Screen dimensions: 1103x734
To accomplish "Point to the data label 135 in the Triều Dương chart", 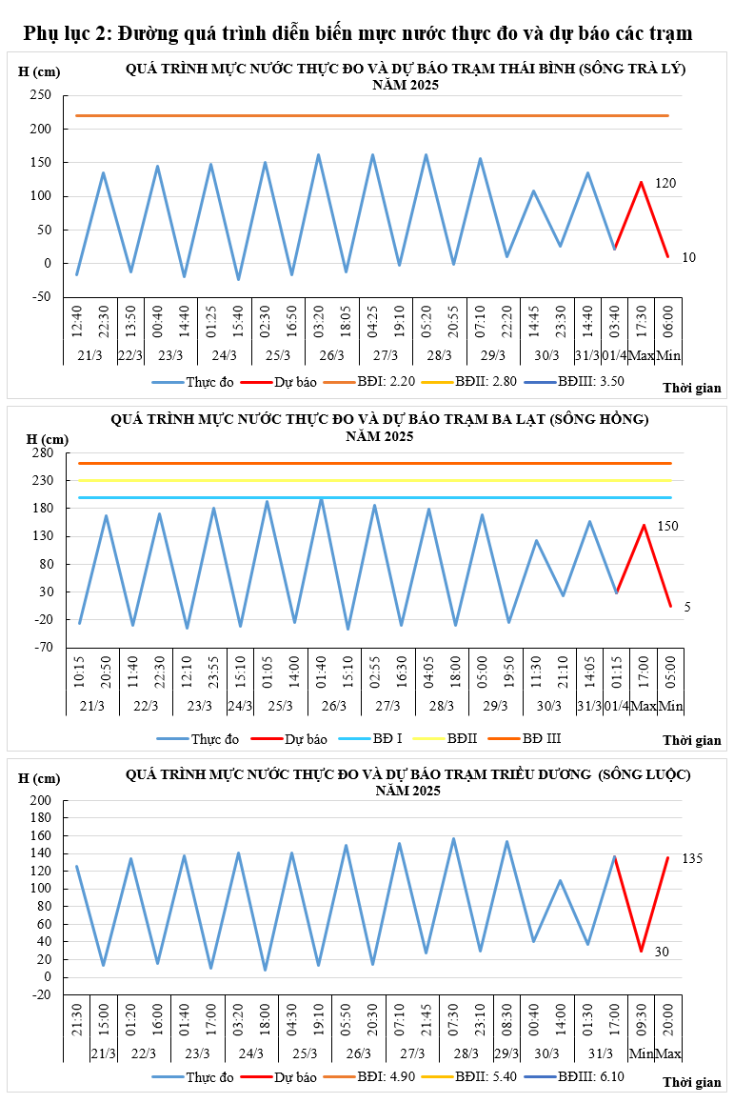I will (692, 859).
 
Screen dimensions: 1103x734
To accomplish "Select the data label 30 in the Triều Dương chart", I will (662, 952).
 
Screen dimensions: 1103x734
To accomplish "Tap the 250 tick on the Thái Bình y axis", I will (40, 95).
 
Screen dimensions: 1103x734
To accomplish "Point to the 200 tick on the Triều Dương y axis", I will (40, 801).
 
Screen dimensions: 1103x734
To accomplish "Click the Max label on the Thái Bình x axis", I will (642, 355).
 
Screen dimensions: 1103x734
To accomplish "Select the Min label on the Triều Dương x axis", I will (641, 1053).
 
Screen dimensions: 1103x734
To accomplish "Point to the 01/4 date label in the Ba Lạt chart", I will (617, 706).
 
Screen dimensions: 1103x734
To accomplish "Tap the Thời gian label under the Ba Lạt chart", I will (692, 740).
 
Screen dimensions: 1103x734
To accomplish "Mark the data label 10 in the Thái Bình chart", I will (688, 257).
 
